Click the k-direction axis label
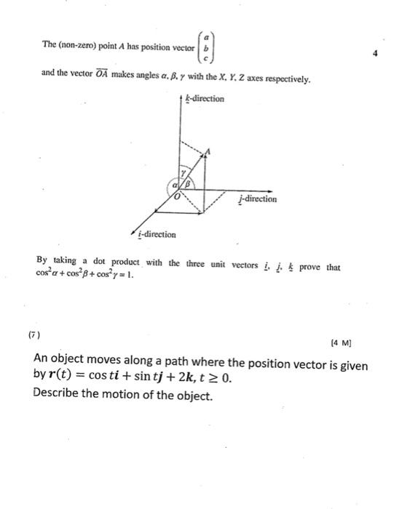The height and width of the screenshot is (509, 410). (204, 98)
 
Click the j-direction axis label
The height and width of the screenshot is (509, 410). (257, 199)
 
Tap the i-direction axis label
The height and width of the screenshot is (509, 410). (155, 234)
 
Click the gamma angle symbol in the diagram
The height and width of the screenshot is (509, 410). (185, 172)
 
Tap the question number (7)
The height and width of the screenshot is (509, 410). (34, 336)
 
